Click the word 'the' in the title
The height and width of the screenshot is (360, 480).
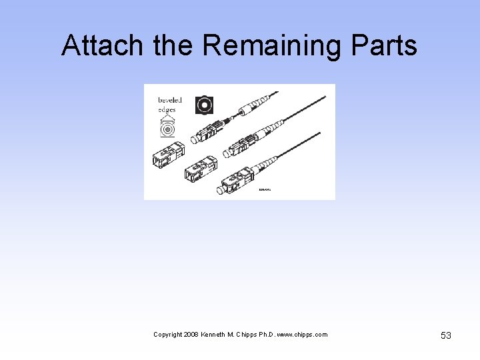pos(174,46)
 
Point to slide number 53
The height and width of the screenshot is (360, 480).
pos(446,335)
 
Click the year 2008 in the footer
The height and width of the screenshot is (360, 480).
pos(189,335)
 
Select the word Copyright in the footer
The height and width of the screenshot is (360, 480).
pos(167,335)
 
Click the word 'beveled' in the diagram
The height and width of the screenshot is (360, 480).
pos(169,100)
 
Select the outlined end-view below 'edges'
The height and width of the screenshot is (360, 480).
pos(167,127)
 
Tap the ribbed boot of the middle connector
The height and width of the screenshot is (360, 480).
pos(271,130)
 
